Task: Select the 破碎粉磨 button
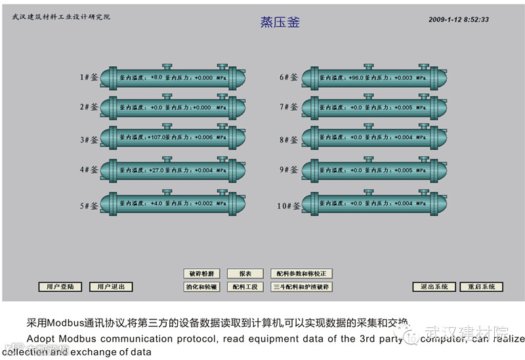[x=201, y=273]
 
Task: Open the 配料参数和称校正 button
[x=302, y=273]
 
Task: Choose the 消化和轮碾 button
[x=201, y=287]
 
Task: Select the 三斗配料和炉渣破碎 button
[x=302, y=287]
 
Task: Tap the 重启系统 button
[x=482, y=287]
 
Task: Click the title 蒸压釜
[x=280, y=22]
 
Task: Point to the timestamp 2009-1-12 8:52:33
[x=459, y=20]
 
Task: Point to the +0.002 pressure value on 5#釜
[x=203, y=203]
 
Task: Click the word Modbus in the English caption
[x=81, y=339]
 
